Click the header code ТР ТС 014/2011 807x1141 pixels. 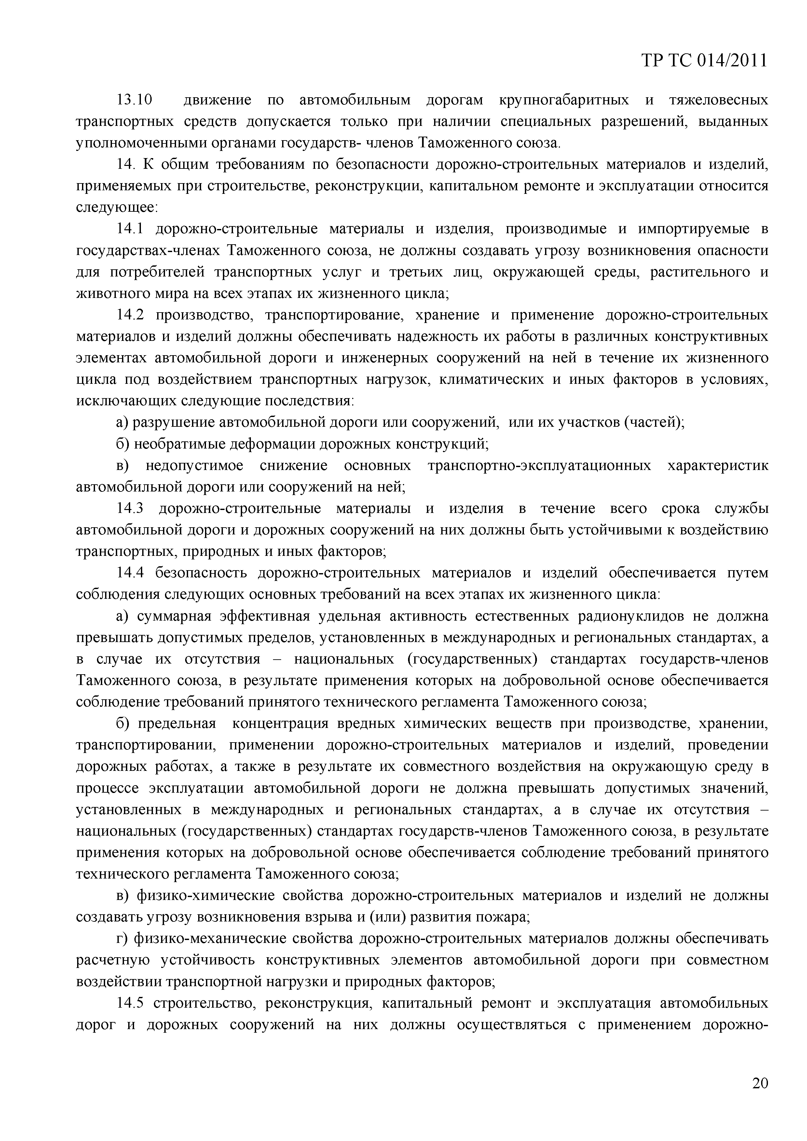coord(704,60)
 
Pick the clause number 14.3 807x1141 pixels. coord(130,508)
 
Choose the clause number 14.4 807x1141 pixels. coord(130,573)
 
